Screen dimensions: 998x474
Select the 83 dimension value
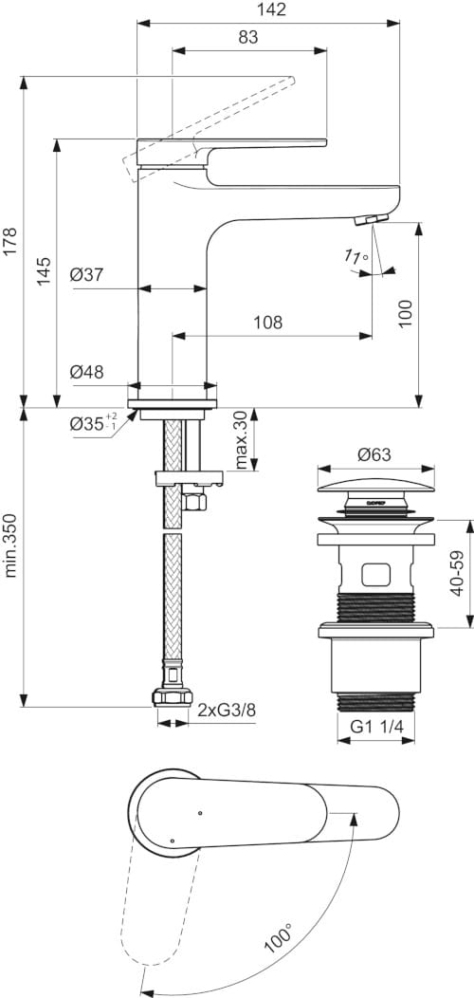(249, 38)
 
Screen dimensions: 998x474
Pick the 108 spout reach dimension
(267, 323)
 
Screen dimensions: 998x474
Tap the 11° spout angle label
(355, 257)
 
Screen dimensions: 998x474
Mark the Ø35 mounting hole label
(90, 424)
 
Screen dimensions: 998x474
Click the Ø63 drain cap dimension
(374, 455)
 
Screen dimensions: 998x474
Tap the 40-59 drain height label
(457, 574)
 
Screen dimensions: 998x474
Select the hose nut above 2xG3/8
(171, 699)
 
